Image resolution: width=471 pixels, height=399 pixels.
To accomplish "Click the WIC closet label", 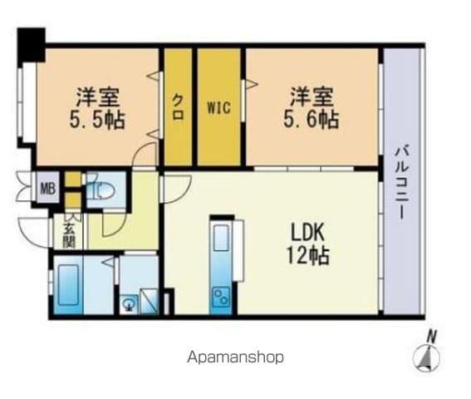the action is (x=218, y=107).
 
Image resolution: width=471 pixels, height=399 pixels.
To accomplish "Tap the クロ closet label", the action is (x=178, y=106).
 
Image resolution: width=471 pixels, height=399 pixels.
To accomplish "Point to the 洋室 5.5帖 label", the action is (x=98, y=108).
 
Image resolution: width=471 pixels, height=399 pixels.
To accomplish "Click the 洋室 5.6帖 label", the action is (x=312, y=107).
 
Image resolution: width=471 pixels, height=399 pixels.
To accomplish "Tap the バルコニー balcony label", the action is (x=401, y=183).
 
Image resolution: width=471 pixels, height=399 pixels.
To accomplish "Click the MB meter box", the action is (x=48, y=189).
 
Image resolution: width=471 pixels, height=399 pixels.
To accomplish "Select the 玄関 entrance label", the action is (x=69, y=237).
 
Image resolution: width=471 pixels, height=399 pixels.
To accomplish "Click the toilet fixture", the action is (x=101, y=190).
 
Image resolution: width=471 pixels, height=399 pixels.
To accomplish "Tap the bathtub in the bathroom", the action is (x=68, y=284).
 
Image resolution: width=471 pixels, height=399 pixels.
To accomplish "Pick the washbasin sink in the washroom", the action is (x=130, y=303).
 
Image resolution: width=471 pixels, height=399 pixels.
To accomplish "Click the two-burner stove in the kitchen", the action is (x=222, y=297).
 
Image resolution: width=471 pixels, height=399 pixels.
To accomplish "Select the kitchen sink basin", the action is (x=221, y=238).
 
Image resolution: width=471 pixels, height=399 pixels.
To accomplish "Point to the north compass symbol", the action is (x=426, y=357).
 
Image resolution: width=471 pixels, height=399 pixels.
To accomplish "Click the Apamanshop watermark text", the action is (x=236, y=357).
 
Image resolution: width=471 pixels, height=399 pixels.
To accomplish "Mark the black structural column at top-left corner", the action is (x=32, y=45).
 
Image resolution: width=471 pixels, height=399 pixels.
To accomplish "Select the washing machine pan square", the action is (x=149, y=300).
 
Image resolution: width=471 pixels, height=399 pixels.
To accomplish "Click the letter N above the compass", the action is (x=432, y=336).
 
